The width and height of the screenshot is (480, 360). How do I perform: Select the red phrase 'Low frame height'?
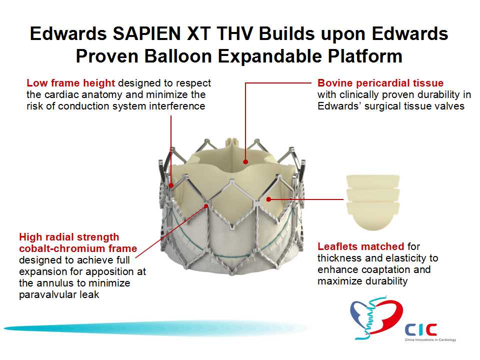[x=70, y=83]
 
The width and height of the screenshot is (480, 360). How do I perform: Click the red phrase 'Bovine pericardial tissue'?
[x=380, y=83]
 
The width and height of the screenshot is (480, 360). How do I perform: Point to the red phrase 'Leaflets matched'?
[x=361, y=246]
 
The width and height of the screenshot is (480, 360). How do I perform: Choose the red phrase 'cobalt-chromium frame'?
[x=78, y=248]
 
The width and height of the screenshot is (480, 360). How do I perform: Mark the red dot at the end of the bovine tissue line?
[x=245, y=161]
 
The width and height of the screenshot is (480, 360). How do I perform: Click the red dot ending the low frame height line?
[x=171, y=185]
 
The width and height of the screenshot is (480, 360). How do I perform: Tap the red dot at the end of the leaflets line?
[x=268, y=199]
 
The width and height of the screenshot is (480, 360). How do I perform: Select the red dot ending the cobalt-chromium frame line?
[x=206, y=206]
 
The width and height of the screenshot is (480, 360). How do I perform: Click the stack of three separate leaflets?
[x=373, y=202]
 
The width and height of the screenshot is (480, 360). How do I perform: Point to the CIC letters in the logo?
[x=421, y=330]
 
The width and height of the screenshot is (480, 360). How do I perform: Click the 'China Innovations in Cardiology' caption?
[x=430, y=340]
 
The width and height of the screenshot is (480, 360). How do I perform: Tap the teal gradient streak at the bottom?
[x=156, y=328]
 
